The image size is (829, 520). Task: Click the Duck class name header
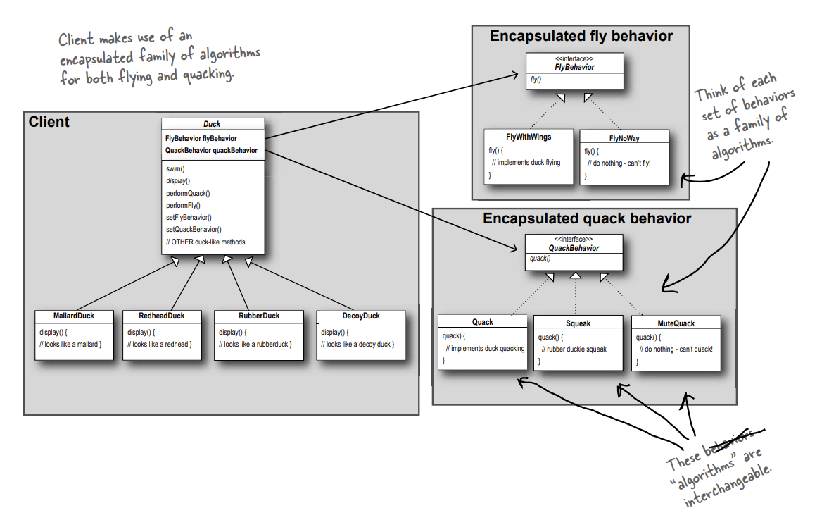[212, 124]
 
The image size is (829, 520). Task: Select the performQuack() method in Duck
[188, 193]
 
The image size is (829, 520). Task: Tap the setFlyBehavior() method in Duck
[189, 217]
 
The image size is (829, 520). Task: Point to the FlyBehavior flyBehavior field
[201, 139]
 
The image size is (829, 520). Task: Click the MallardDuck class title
[74, 316]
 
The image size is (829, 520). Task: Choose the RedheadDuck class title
[162, 316]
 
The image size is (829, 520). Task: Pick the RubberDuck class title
[258, 316]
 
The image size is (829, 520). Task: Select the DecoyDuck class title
[361, 316]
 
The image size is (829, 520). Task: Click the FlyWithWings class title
[528, 136]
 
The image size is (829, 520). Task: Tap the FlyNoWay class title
[624, 137]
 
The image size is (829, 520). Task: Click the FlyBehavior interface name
[574, 68]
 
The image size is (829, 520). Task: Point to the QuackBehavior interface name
[574, 248]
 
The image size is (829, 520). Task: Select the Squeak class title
[578, 323]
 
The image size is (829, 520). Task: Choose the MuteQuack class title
[676, 323]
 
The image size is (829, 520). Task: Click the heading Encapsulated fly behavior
[581, 36]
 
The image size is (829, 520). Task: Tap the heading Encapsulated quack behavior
[587, 218]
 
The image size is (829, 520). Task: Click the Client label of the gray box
[49, 122]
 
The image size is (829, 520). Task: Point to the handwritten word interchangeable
[732, 483]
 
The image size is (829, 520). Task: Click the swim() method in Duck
[175, 169]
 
